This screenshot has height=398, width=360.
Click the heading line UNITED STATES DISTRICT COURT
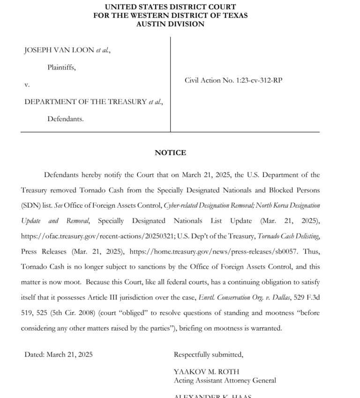tap(170, 7)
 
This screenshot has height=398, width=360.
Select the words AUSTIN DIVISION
tap(170, 24)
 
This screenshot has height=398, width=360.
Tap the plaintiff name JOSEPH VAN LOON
tap(59, 51)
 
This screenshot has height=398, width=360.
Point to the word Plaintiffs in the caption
tap(61, 68)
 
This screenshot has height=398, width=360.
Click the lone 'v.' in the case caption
tap(27, 85)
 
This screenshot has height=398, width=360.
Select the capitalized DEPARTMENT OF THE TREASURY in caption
tap(86, 102)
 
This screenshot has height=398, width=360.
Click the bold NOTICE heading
tap(170, 152)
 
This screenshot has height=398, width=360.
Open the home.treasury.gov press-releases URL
tap(213, 251)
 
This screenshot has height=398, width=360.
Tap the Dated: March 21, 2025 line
tap(59, 354)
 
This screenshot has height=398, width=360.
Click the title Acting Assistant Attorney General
tap(225, 380)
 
